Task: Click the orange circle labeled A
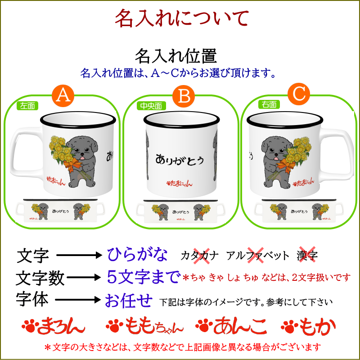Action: (64, 96)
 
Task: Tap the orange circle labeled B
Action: (184, 96)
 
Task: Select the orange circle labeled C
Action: (299, 94)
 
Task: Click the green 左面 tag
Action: (28, 106)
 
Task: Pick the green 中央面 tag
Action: (150, 106)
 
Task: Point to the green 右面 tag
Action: (269, 104)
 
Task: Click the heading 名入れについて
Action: (181, 19)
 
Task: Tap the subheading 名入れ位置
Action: (176, 56)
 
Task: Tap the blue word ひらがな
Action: (137, 255)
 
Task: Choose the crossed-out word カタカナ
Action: (200, 256)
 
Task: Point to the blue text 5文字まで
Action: (143, 277)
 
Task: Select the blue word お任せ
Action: (129, 300)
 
